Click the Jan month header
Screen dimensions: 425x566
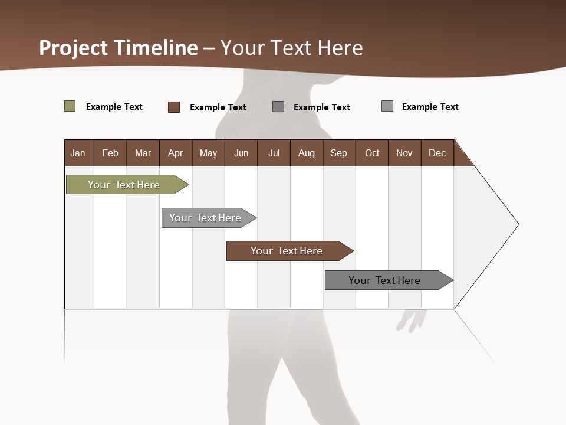(78, 153)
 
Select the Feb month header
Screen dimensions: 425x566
(110, 153)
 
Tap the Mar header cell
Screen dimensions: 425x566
(143, 153)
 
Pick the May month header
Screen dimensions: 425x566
(208, 153)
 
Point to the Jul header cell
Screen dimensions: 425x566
(274, 153)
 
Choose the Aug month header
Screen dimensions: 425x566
(307, 153)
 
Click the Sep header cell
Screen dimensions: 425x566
(339, 153)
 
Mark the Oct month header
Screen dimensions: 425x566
(372, 153)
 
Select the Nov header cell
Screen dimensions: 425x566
(404, 153)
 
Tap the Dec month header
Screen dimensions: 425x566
(437, 153)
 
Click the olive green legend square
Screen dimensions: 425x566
(70, 106)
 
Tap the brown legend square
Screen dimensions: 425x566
(174, 107)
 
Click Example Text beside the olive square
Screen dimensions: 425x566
(114, 107)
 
